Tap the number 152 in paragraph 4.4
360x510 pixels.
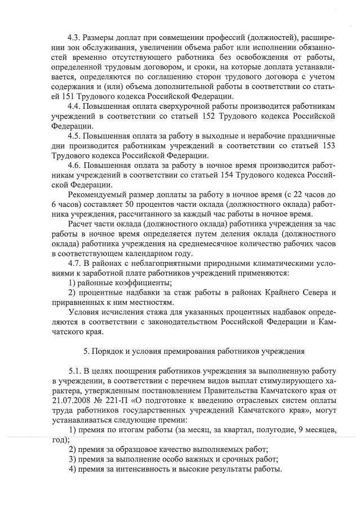point(221,116)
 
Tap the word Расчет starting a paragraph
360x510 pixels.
point(81,224)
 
